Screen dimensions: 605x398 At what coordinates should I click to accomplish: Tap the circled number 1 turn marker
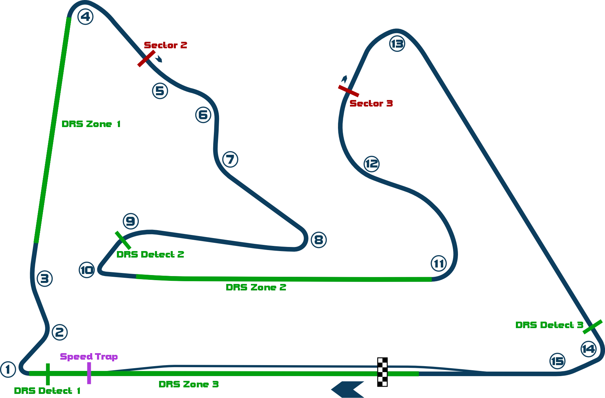8,370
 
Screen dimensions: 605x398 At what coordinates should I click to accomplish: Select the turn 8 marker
318,239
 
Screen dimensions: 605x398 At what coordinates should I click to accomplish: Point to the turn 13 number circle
397,44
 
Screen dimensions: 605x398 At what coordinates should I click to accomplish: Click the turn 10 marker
87,270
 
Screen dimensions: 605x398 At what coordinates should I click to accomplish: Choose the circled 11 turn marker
438,264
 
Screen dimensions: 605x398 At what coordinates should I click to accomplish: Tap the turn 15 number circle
557,361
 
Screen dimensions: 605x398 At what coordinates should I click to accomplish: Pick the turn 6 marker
203,115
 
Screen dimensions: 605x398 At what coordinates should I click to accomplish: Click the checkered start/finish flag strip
383,372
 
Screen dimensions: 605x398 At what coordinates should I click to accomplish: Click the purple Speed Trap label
89,357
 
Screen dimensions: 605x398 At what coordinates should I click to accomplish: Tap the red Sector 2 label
166,45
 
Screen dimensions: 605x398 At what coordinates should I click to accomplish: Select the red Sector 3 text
372,103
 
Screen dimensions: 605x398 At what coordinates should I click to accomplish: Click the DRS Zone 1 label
91,124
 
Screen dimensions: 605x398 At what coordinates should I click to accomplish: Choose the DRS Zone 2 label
256,287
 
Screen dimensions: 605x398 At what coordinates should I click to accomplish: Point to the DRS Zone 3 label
189,385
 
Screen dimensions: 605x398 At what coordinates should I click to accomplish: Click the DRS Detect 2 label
150,254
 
